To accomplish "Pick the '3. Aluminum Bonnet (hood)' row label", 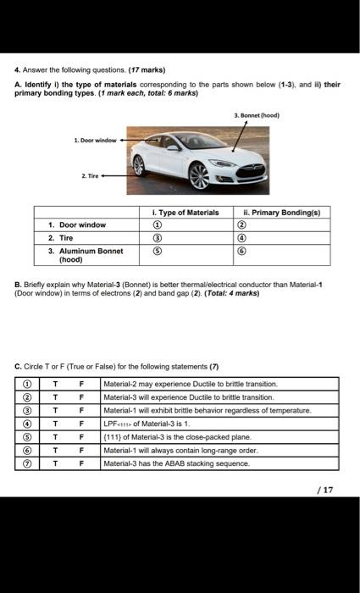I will pyautogui.click(x=86, y=255).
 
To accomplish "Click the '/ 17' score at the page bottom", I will pyautogui.click(x=324, y=489).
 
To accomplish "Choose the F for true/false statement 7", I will pyautogui.click(x=81, y=463).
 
